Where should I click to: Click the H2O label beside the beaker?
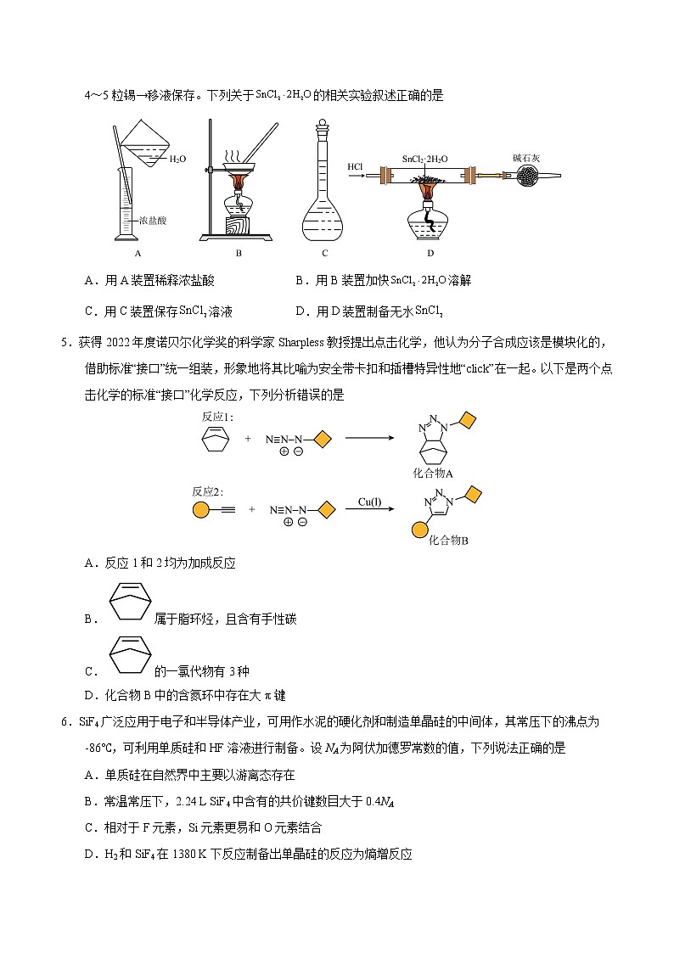(x=177, y=159)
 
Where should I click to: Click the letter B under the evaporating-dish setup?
(x=239, y=253)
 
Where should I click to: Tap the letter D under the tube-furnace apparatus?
(x=430, y=253)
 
